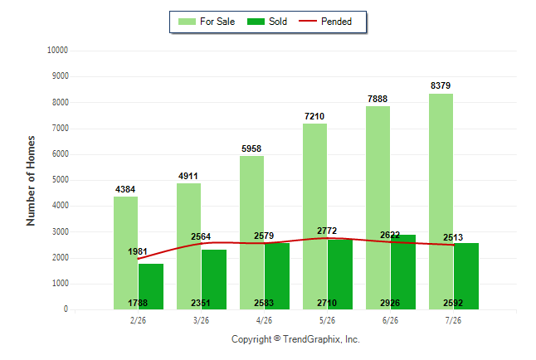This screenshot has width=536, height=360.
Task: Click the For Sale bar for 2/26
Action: coord(125,253)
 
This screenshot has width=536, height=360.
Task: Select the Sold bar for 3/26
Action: coord(214,280)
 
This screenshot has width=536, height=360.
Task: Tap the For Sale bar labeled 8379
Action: coord(441,202)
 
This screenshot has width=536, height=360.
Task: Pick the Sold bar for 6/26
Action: coord(403,272)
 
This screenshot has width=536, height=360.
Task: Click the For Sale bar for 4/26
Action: coord(251,233)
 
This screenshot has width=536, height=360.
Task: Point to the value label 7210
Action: coord(314,117)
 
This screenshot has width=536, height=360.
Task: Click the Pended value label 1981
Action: coord(138,252)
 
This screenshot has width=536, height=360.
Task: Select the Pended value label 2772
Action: coord(327,231)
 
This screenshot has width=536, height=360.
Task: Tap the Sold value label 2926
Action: coord(390,304)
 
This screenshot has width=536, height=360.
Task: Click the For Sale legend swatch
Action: coord(187,22)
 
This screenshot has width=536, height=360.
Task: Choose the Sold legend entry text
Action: coord(278,22)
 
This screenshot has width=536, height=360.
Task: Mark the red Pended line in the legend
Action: coord(308,21)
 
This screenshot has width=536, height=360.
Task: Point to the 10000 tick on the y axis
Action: coord(57,51)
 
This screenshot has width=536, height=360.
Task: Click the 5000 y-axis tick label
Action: coord(61,180)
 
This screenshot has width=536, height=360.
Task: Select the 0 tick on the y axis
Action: coord(66,309)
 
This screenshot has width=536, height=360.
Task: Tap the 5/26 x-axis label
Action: coord(327,321)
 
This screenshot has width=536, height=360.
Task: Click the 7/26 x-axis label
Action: coord(453,321)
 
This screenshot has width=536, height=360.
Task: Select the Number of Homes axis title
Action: coord(31,181)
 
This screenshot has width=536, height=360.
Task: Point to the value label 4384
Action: coord(125,190)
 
